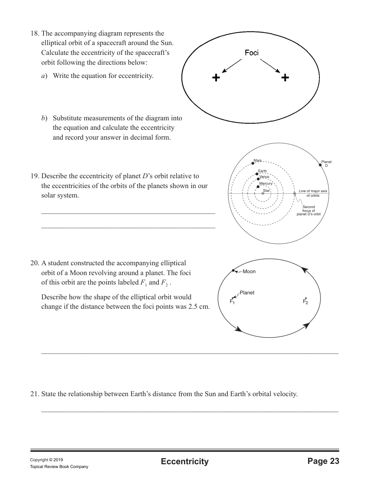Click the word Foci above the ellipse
click(x=252, y=53)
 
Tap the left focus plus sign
click(x=216, y=78)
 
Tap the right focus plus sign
click(x=285, y=78)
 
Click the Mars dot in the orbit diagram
click(x=253, y=163)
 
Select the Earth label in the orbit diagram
click(x=262, y=171)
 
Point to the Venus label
click(x=265, y=177)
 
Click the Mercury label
click(x=266, y=184)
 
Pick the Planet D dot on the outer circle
click(x=320, y=165)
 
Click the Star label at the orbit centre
click(x=266, y=191)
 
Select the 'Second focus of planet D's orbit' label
click(x=308, y=210)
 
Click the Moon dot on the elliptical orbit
click(x=234, y=271)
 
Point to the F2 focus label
click(x=305, y=302)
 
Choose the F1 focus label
click(x=232, y=302)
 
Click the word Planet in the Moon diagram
click(x=247, y=292)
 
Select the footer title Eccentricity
click(x=184, y=461)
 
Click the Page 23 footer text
click(x=323, y=461)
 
